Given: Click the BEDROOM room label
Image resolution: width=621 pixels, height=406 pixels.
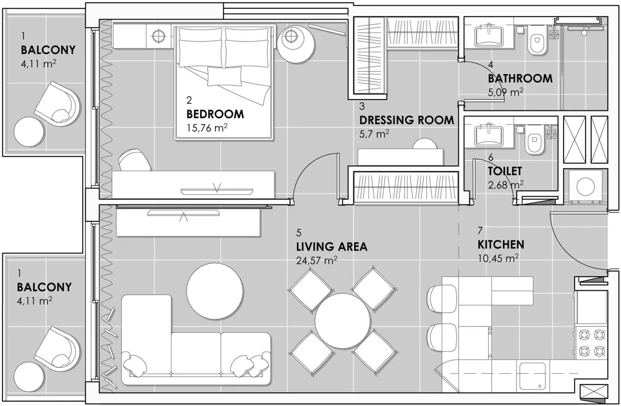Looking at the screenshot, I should [215, 114].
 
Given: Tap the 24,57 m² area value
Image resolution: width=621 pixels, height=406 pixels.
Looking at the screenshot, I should [316, 261].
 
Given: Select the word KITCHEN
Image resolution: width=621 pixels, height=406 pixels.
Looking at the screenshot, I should [500, 245].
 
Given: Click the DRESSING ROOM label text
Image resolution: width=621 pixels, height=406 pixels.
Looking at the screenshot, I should [406, 120].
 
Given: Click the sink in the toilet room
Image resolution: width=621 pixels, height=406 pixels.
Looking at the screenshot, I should [489, 135].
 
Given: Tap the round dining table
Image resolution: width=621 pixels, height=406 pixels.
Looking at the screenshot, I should [343, 321].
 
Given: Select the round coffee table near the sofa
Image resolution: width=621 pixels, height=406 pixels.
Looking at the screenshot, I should [215, 291].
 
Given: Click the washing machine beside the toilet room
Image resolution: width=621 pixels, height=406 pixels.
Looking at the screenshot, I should [585, 186].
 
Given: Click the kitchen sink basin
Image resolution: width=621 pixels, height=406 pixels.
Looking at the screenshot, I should [532, 376].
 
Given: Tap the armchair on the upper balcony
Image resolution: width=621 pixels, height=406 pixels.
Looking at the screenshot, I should [58, 104].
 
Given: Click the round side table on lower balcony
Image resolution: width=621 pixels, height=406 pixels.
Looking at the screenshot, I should [29, 377].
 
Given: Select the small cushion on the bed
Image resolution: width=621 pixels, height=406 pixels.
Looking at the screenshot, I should [224, 76].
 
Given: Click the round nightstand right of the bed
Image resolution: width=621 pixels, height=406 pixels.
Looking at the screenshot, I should [296, 43].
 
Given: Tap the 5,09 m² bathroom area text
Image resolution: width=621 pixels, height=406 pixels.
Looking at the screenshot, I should [505, 92].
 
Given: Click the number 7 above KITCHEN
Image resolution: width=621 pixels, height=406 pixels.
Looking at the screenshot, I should [480, 231].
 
